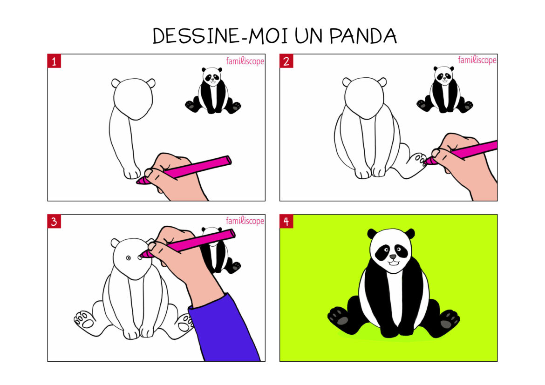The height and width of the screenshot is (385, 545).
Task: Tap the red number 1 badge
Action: pos(54,61)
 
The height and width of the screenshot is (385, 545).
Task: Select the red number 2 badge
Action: pos(286,61)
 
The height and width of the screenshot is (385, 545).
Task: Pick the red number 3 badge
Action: pos(54,222)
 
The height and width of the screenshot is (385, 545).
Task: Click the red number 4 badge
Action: pos(286,222)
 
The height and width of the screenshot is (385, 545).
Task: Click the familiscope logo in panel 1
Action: pos(245,61)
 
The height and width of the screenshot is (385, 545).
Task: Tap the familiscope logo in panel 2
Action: pos(477,60)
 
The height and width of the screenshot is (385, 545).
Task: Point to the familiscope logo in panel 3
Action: pos(245,221)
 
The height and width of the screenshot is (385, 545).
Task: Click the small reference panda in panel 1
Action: pos(213,91)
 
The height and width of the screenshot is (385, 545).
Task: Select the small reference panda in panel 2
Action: pos(444,90)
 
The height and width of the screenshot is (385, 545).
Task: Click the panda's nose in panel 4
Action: pos(393,257)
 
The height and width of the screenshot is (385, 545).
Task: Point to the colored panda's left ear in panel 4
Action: pos(372,234)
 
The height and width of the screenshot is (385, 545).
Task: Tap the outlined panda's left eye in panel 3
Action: pos(129,258)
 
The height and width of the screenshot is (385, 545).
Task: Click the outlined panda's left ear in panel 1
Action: pos(116,83)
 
